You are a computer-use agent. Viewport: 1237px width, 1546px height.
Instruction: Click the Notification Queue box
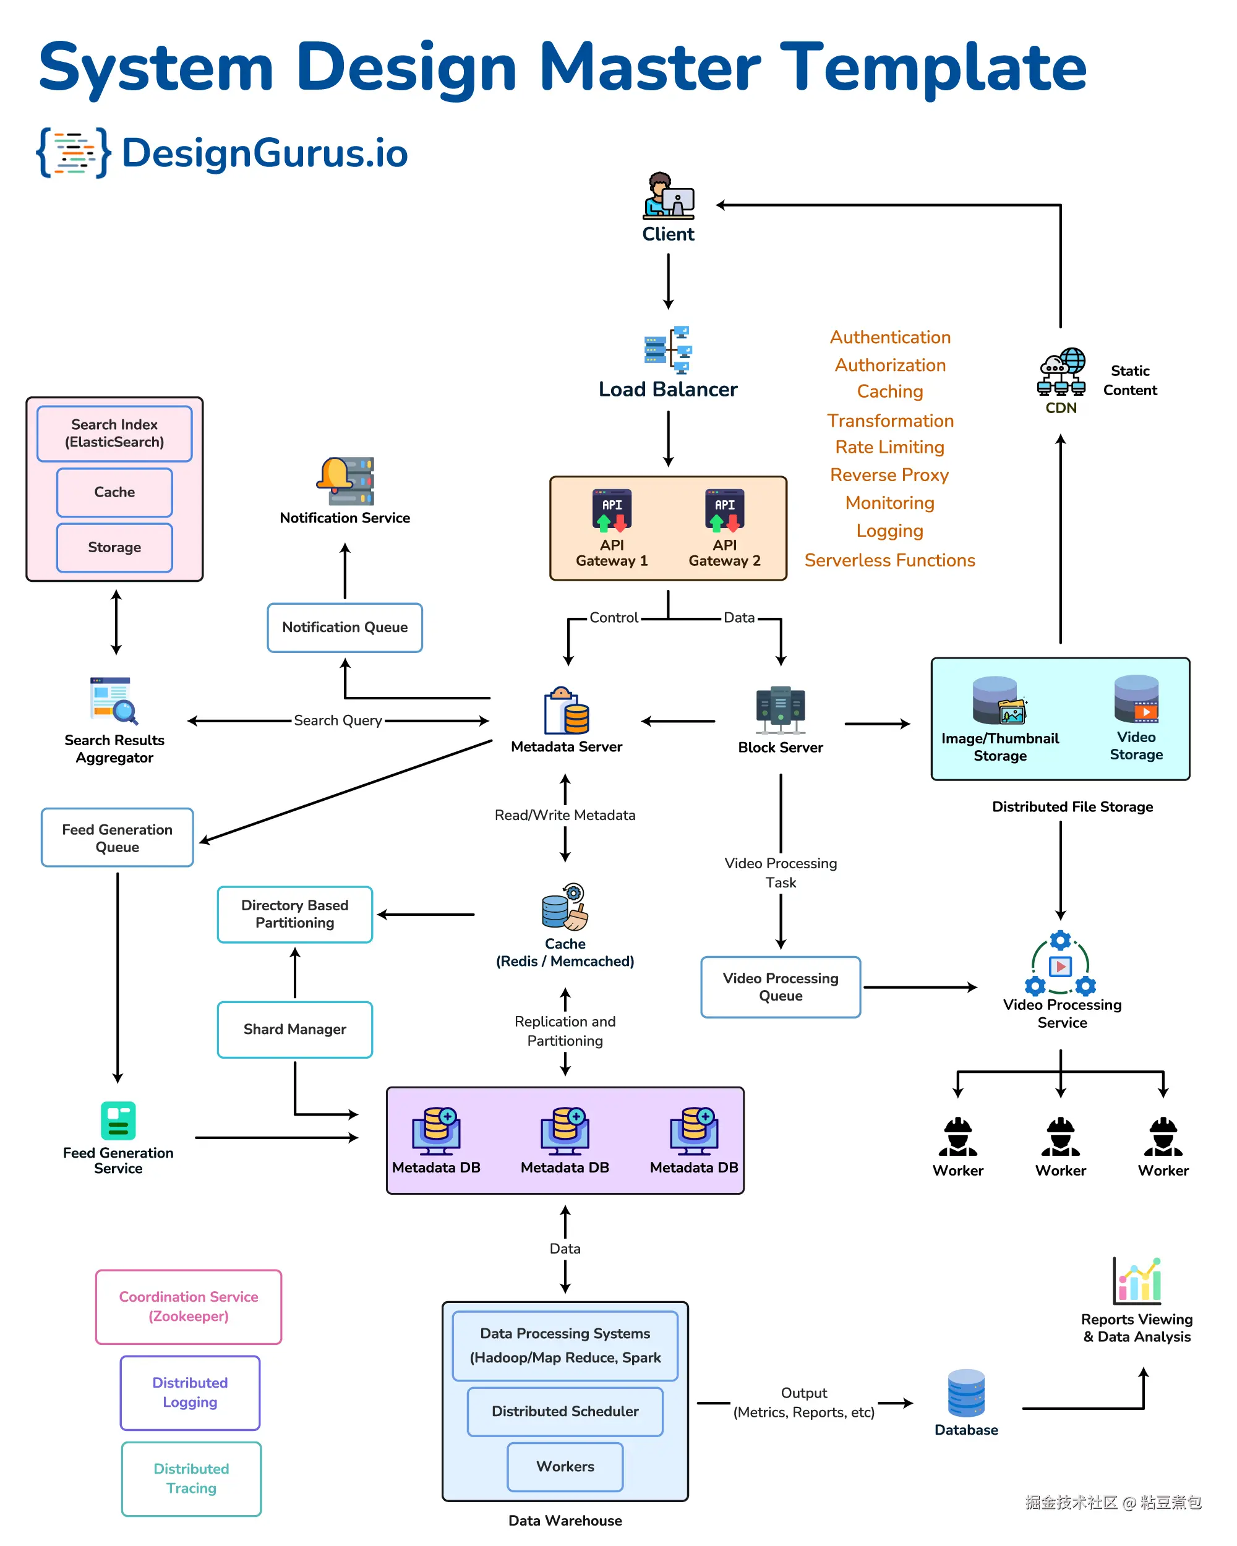[x=345, y=628]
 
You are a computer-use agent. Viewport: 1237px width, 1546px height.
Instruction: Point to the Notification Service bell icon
[x=345, y=481]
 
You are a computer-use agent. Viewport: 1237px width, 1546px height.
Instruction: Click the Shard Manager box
[x=295, y=1029]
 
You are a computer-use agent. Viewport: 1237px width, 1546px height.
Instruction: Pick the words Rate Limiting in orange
[x=889, y=448]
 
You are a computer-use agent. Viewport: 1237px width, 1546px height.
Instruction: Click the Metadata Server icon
[x=566, y=711]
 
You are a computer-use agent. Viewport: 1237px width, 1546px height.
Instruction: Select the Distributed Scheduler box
[x=565, y=1411]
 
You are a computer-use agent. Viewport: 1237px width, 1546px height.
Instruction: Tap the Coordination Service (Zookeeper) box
[x=189, y=1307]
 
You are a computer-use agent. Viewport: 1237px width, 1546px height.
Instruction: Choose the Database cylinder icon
[x=966, y=1393]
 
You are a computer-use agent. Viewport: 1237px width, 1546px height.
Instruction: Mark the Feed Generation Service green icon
[x=118, y=1121]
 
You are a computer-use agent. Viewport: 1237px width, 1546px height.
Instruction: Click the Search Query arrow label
[x=338, y=720]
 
